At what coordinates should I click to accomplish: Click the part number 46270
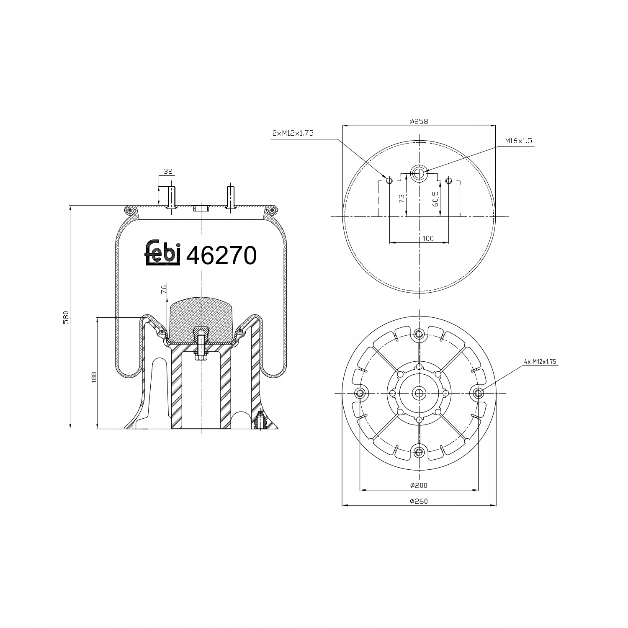(x=221, y=255)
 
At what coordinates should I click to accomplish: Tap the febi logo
(x=163, y=252)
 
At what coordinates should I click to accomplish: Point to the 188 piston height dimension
(x=94, y=377)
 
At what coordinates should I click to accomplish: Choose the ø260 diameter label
(x=419, y=501)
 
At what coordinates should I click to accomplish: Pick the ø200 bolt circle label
(x=419, y=485)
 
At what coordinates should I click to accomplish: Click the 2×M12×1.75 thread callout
(x=293, y=133)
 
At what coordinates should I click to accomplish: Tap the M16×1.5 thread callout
(x=518, y=141)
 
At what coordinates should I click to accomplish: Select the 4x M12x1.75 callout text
(x=540, y=362)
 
